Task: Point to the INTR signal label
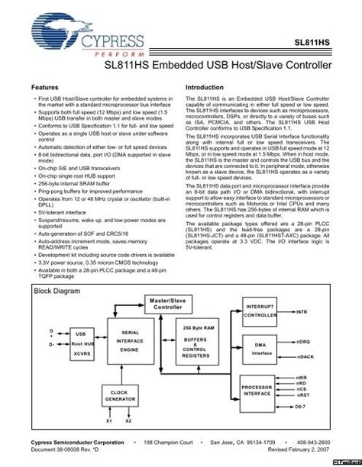click(302, 312)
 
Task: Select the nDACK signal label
click(305, 356)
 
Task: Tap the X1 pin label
click(108, 422)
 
